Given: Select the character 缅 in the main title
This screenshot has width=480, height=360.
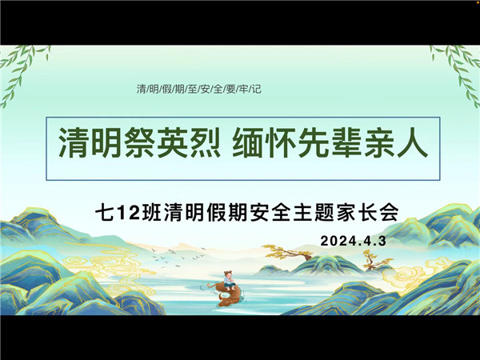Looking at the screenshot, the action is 247,142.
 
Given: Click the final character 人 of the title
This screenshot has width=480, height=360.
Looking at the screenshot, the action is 412,142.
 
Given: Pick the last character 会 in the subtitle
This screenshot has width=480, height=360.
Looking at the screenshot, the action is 389,213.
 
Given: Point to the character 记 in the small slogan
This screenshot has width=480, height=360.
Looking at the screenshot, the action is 257,89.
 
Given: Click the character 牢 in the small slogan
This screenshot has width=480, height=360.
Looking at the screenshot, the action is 244,89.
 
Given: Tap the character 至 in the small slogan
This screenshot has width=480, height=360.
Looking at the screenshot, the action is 193,89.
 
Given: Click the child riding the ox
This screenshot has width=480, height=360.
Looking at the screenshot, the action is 230,280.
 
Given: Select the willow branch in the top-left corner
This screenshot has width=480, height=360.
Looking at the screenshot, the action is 22,74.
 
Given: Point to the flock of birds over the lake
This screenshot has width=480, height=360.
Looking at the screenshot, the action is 178,257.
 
